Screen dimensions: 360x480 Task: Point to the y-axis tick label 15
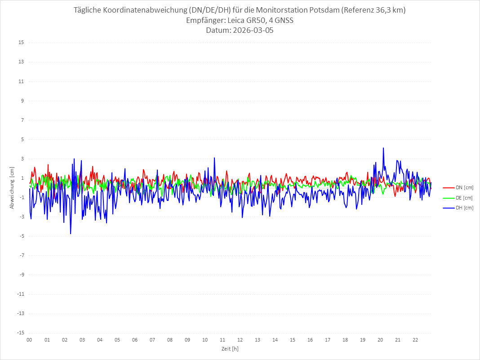click(21, 43)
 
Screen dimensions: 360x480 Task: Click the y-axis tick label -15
click(20, 333)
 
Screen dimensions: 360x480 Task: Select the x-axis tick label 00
click(29, 340)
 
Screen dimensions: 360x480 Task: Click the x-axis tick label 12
click(240, 340)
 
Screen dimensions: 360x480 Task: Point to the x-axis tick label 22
click(415, 340)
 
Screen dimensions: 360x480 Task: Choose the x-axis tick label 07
click(152, 340)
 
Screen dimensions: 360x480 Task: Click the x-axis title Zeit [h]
click(230, 348)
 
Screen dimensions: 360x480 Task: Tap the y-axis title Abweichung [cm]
click(12, 187)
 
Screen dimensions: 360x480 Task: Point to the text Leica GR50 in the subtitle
click(237, 21)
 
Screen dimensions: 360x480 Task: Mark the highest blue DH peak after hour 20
click(383, 148)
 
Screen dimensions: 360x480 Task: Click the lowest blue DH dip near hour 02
click(71, 234)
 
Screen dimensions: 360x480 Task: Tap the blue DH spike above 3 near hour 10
click(214, 158)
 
